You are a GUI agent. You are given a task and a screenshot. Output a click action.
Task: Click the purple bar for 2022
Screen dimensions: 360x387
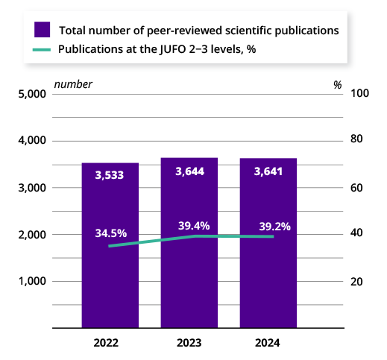point(110,283)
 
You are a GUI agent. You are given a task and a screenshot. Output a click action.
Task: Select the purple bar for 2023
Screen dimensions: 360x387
point(189,283)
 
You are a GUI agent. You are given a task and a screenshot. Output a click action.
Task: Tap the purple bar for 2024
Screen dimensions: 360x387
point(268,283)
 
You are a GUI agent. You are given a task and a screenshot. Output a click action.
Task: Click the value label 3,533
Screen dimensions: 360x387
point(110,175)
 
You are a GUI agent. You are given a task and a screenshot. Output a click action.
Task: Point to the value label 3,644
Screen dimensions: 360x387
point(189,171)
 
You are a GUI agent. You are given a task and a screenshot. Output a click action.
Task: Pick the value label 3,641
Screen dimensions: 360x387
point(268,171)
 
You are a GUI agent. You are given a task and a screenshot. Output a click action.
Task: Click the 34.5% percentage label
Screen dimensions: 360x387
point(111,233)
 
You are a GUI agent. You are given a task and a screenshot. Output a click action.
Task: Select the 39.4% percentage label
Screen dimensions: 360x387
point(194,226)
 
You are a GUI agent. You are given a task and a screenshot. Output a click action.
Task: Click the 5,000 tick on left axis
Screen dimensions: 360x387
point(31,95)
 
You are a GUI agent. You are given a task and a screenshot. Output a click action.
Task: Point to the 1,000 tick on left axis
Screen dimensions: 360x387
point(31,281)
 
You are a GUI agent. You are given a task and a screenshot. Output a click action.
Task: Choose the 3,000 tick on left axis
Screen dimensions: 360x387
point(31,188)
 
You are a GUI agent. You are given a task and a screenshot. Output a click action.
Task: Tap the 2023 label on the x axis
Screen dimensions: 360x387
point(189,343)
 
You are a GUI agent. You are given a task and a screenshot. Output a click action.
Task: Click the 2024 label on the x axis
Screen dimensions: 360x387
point(268,343)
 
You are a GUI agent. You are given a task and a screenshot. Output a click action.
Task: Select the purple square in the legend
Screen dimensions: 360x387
point(43,30)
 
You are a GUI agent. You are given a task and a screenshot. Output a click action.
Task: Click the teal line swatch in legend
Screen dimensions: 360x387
point(43,50)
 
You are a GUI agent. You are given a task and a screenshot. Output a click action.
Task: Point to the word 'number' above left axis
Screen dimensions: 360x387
point(73,84)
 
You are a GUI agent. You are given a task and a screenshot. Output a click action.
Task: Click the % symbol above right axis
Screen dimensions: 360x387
point(338,84)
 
